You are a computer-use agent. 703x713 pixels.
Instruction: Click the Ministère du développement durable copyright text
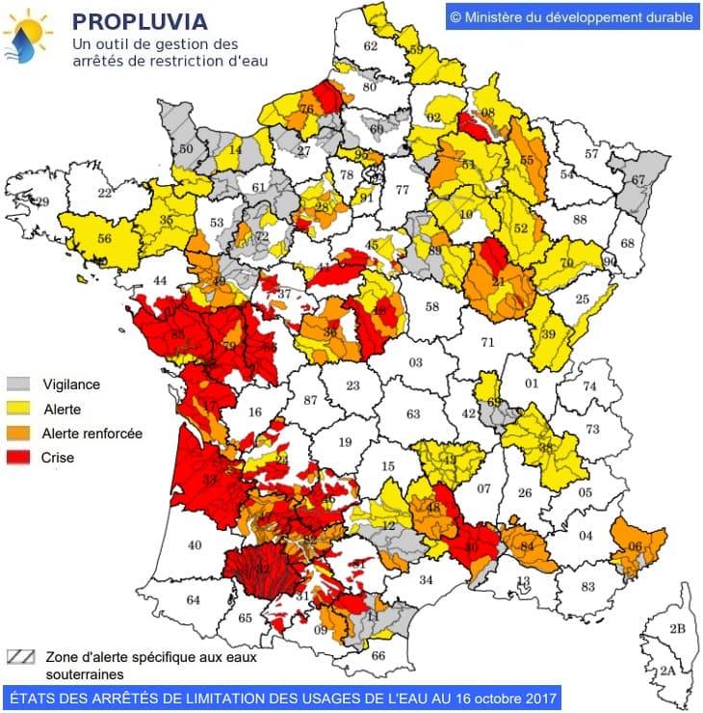pos(571,16)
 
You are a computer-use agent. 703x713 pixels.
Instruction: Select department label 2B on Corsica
pos(677,629)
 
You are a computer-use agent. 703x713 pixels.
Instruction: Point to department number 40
pos(195,545)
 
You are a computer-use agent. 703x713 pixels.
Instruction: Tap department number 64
pos(193,600)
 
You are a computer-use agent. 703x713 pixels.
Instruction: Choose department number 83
pos(587,586)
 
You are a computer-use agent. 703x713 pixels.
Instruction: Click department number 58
pos(432,306)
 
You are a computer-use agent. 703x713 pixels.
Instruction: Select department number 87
pos(309,400)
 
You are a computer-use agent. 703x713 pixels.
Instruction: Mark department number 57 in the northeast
pos(592,153)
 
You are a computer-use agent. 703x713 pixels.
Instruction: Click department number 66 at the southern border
pos(378,655)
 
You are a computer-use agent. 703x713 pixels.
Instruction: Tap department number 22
pos(104,193)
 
